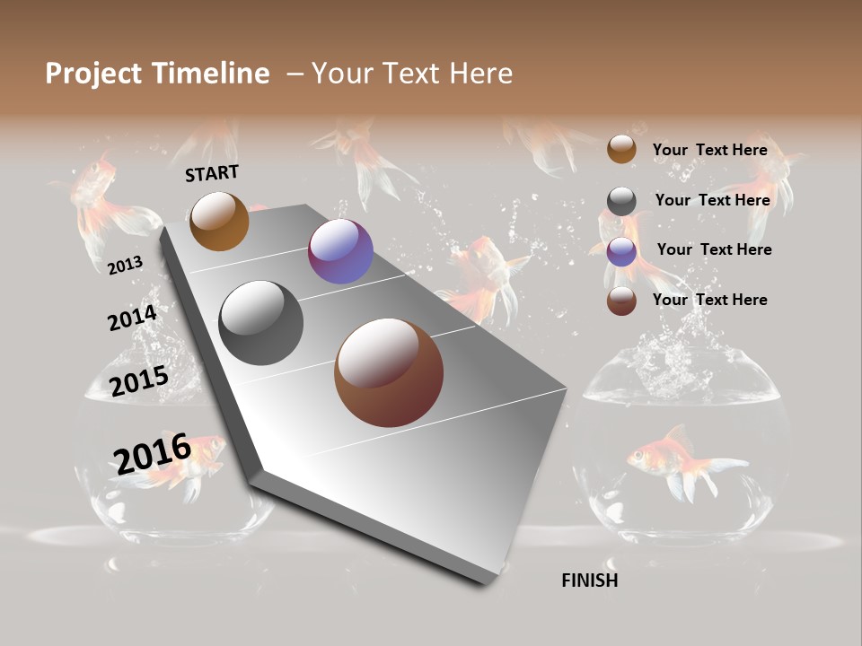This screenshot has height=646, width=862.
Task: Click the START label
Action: [212, 173]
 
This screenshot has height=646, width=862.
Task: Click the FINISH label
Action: [589, 581]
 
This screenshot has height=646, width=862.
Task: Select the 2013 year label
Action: [125, 265]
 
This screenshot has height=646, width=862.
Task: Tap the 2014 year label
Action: [132, 319]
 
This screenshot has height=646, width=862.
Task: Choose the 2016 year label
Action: [152, 453]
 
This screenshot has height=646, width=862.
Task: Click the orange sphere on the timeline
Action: [219, 221]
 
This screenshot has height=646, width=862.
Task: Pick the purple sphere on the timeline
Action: [340, 251]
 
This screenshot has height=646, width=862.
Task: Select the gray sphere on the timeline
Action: [260, 323]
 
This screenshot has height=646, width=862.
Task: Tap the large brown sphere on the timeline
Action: [388, 372]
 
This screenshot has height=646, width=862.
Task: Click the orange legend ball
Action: [621, 149]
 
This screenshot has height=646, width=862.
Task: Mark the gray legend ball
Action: [621, 201]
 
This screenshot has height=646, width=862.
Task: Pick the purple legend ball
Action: [621, 251]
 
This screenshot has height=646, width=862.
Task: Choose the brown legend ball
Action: [621, 301]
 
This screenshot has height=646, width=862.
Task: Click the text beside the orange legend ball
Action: [709, 150]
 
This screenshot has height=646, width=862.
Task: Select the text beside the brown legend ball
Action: [709, 300]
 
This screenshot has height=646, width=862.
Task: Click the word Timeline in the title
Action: [212, 74]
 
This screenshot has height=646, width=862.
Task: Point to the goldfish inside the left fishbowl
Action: [184, 463]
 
